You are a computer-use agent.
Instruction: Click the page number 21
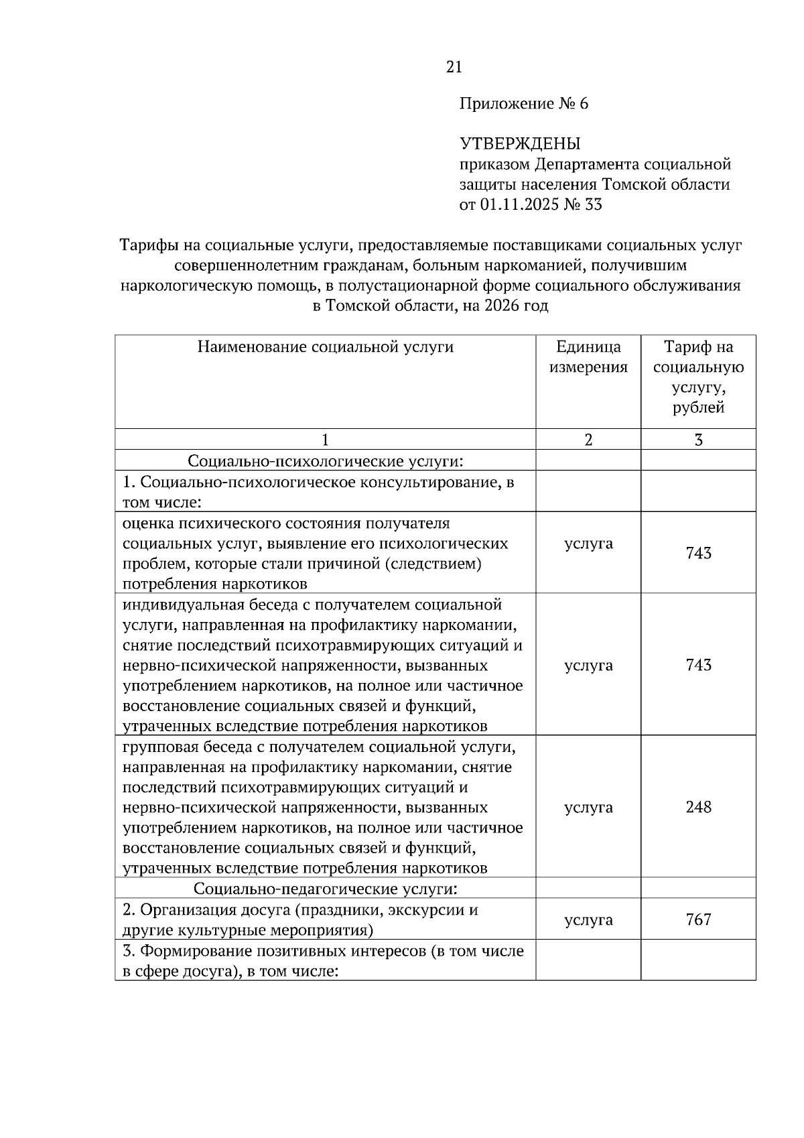[454, 67]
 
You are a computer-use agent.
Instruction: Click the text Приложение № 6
[523, 104]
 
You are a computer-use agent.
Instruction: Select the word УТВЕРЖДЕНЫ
[519, 144]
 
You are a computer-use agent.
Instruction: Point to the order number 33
[594, 204]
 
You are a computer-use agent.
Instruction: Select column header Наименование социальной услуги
[325, 347]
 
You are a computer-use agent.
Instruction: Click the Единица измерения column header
[588, 357]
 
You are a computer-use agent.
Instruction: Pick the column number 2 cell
[588, 440]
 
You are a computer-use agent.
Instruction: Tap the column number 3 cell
[698, 440]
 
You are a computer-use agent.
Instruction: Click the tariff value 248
[698, 807]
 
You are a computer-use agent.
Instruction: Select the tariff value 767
[698, 920]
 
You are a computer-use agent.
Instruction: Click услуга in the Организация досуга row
[588, 920]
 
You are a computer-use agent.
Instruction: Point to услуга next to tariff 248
[588, 807]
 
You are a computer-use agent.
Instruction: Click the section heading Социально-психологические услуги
[325, 461]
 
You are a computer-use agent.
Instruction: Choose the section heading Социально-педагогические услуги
[325, 889]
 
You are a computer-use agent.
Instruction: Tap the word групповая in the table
[156, 747]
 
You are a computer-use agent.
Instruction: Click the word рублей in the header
[698, 407]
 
